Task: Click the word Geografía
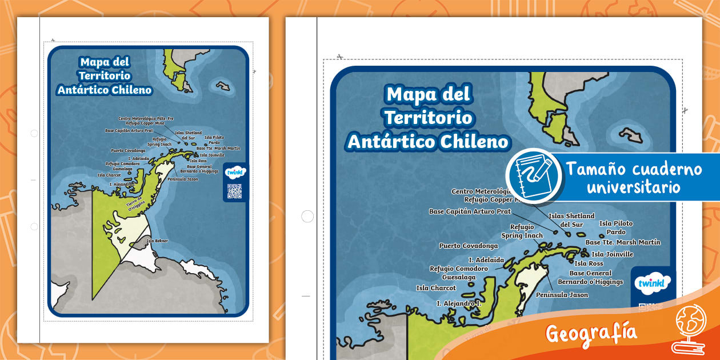pyautogui.click(x=591, y=332)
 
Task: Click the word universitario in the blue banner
pyautogui.click(x=633, y=187)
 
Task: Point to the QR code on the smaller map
pyautogui.click(x=234, y=191)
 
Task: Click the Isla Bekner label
pyautogui.click(x=157, y=241)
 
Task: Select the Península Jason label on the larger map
pyautogui.click(x=562, y=295)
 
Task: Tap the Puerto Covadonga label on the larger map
pyautogui.click(x=469, y=246)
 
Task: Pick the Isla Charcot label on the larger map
pyautogui.click(x=436, y=288)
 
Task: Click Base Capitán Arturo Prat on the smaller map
pyautogui.click(x=129, y=130)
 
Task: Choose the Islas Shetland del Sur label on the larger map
pyautogui.click(x=571, y=220)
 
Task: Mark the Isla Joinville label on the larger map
pyautogui.click(x=612, y=254)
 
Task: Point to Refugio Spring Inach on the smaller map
pyautogui.click(x=159, y=142)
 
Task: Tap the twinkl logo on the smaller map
pyautogui.click(x=234, y=173)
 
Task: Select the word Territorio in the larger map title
pyautogui.click(x=429, y=117)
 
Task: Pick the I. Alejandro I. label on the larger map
pyautogui.click(x=459, y=303)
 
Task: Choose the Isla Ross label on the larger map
pyautogui.click(x=589, y=263)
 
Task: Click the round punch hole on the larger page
pyautogui.click(x=307, y=217)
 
